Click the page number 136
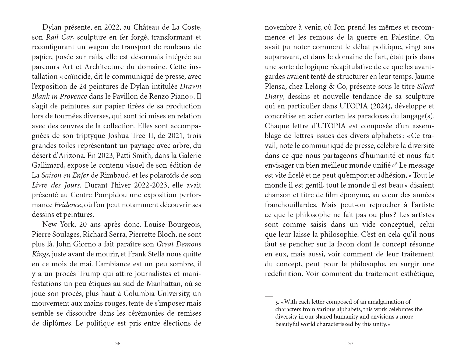coord(116,344)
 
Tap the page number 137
coord(349,344)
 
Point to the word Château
coord(146,27)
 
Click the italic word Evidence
coord(68,205)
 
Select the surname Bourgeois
coord(185,225)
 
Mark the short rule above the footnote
coord(269,295)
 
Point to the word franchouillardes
coord(287,205)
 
